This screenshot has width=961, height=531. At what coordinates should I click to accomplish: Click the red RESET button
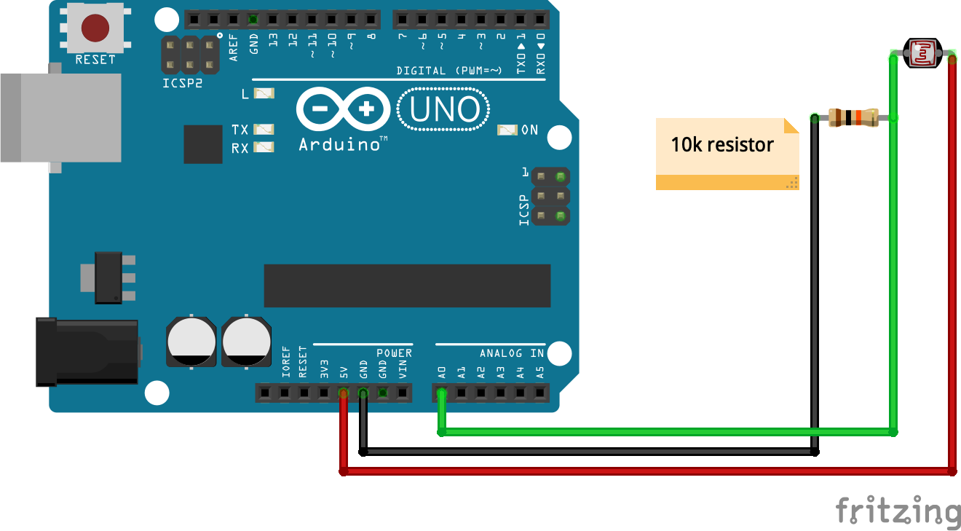click(95, 28)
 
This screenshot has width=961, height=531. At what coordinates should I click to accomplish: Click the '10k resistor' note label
click(722, 145)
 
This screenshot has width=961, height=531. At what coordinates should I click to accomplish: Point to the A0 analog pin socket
click(441, 394)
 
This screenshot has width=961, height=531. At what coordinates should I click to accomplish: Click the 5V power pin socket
click(344, 394)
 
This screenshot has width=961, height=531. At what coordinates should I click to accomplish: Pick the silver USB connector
click(61, 117)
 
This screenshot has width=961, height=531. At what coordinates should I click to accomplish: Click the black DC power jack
click(87, 352)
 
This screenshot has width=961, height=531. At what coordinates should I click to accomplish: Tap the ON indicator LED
click(507, 130)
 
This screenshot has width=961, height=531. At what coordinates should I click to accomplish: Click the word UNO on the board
click(445, 110)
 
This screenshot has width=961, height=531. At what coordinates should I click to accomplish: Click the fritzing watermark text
click(898, 509)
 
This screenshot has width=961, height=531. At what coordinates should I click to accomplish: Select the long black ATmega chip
click(407, 286)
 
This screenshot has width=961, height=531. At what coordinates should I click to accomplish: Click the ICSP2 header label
click(182, 83)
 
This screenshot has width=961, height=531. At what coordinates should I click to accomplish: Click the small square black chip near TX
click(202, 144)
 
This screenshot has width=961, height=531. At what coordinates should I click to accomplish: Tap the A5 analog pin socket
click(539, 394)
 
